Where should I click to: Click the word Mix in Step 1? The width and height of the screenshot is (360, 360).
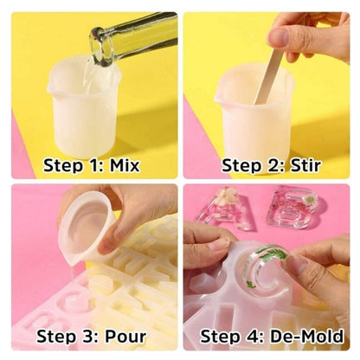point(125,165)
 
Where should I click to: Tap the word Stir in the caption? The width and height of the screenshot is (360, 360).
point(305,165)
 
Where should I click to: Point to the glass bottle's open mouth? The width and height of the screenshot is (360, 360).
point(101,46)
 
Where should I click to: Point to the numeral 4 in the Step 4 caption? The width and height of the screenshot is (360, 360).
point(254,337)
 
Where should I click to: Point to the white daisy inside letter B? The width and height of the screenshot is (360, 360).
point(309,199)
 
